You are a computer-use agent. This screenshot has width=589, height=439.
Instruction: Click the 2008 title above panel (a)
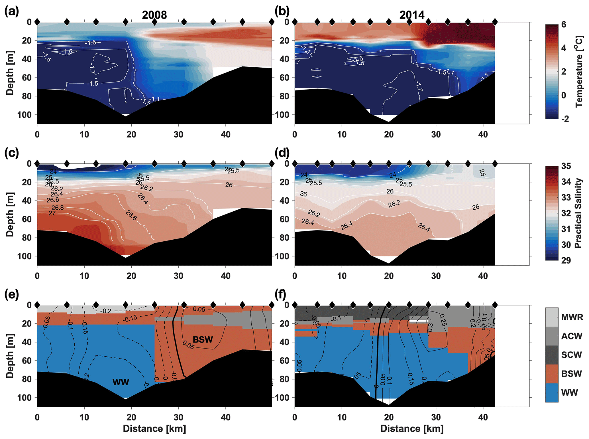154,15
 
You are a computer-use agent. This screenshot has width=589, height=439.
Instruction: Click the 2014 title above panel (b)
412,15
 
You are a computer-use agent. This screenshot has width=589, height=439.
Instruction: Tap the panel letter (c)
12,153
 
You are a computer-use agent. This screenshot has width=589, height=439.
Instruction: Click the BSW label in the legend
571,374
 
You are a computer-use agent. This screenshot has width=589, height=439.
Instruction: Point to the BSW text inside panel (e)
203,339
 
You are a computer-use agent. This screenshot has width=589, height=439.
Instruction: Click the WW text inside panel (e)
121,382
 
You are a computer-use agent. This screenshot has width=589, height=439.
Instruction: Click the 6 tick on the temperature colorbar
564,25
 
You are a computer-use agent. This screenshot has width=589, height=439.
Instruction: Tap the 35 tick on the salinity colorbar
566,166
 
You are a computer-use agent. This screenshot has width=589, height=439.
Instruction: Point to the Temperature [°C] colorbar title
579,71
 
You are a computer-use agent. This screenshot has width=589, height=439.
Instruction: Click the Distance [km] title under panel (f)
412,429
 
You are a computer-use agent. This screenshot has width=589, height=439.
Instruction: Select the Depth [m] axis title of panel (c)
10,215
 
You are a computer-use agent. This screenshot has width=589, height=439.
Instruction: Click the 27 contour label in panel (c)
52,213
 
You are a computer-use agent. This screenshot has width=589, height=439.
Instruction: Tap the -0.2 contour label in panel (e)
106,311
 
